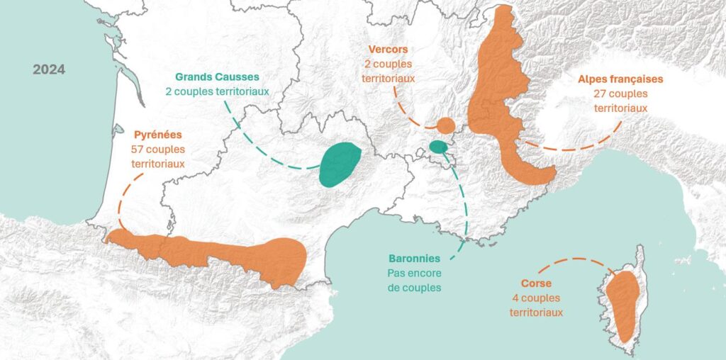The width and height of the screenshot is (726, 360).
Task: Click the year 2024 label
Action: click(49, 69)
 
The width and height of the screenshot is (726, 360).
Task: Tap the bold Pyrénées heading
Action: click(157, 134)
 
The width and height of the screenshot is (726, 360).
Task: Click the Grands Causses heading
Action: click(218, 77)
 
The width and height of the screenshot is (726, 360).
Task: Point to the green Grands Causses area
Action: click(339, 164)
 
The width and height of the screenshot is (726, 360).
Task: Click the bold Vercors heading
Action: click(388, 50)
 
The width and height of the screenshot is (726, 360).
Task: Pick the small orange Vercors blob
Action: click(445, 126)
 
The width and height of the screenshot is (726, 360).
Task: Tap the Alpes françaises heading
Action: click(620, 79)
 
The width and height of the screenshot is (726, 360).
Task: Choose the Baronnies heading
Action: click(414, 259)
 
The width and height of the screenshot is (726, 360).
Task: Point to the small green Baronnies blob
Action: click(438, 147)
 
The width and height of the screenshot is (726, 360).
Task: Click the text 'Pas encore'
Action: click(414, 273)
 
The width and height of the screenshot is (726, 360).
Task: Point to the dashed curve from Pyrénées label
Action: click(121, 198)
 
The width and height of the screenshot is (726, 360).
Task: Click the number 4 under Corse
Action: click(513, 298)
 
